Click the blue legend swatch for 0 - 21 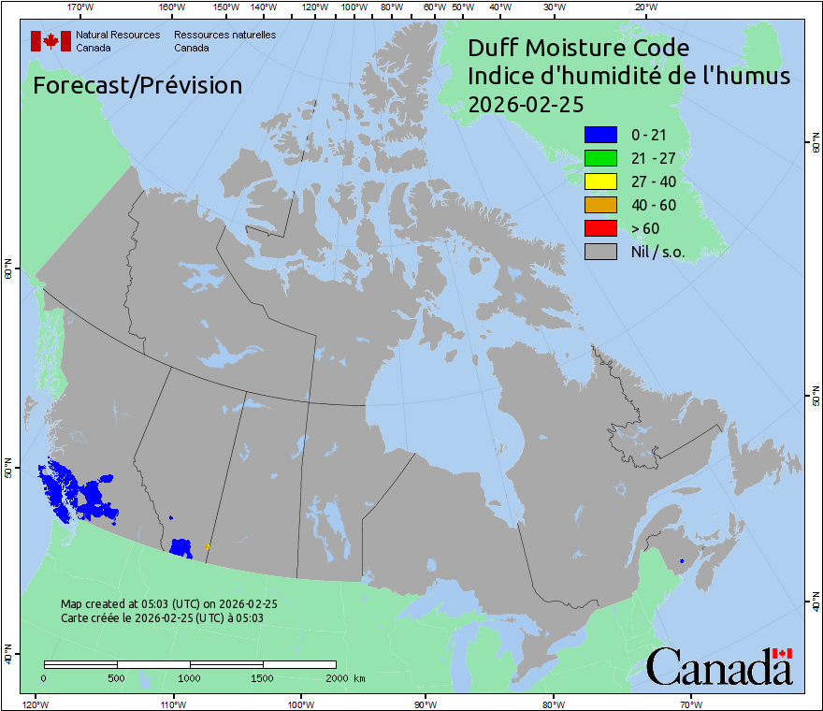pos(600,135)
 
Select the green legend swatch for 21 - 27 pos(600,158)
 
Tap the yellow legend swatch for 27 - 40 pos(600,181)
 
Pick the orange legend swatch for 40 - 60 pos(600,205)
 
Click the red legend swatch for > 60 pos(600,228)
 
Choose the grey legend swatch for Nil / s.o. pos(600,252)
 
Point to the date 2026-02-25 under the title pos(525,105)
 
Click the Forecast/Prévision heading pos(137,85)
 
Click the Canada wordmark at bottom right pos(719,667)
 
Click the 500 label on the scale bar pos(117,677)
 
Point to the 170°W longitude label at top pos(80,7)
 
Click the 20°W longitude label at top pos(644,7)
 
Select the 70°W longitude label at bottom pos(690,704)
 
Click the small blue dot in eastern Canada pos(682,560)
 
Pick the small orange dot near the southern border pos(207,546)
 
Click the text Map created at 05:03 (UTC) pos(168,603)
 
